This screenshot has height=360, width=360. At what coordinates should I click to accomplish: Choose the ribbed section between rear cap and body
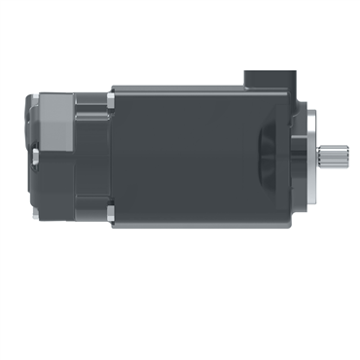pos(91,156)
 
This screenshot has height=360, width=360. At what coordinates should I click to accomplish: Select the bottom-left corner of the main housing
pos(116,225)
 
